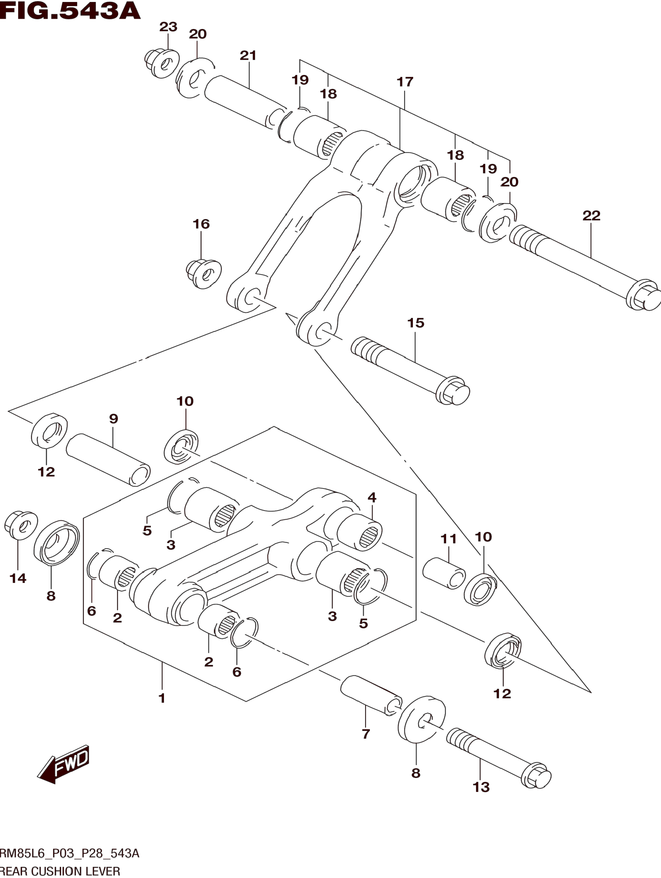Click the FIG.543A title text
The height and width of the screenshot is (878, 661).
70,11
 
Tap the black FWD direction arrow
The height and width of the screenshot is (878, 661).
64,764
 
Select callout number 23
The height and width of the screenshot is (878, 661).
168,27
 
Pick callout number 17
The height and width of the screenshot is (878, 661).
405,82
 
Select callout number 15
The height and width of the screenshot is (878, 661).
415,323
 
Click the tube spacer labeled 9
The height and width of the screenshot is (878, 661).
108,460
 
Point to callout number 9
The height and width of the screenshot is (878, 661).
113,419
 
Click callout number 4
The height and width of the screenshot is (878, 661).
372,497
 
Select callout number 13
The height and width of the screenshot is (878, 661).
481,787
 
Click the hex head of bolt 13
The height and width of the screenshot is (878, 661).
536,775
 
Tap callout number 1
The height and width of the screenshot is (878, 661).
162,698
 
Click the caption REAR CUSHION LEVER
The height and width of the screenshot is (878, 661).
60,872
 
